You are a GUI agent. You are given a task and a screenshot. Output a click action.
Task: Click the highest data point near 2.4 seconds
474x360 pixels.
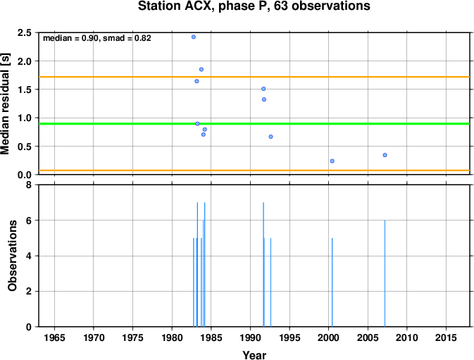tap(194, 37)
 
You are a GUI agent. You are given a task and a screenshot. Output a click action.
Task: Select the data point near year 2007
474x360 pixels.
tap(385, 155)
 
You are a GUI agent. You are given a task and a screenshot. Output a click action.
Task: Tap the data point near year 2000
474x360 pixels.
tap(332, 161)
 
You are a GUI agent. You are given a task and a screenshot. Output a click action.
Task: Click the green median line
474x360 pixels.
tap(254, 123)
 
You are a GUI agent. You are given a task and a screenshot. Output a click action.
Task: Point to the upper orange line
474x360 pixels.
tap(254, 77)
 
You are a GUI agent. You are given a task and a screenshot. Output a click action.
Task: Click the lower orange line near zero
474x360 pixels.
tap(254, 170)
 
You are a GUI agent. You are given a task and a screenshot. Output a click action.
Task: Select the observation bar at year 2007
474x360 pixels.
tap(385, 273)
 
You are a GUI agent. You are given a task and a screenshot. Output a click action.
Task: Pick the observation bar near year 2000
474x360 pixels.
tap(332, 283)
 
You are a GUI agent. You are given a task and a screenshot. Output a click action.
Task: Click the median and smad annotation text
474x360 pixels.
tap(97, 38)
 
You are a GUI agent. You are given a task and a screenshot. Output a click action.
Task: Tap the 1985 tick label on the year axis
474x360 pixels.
tap(211, 337)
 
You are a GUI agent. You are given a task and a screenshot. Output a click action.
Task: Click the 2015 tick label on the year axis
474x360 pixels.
tap(446, 337)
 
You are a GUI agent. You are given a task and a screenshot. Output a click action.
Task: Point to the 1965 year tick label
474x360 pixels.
tap(54, 337)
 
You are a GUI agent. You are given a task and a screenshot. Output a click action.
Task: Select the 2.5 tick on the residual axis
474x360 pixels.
tap(25, 32)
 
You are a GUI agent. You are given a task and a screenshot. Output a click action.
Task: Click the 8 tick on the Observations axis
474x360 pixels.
tap(29, 185)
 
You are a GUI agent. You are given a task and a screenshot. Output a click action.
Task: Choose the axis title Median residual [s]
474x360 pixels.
tap(5, 104)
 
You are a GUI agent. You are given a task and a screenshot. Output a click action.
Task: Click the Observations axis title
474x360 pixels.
tap(12, 256)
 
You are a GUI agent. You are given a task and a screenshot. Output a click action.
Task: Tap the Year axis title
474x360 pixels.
tap(254, 355)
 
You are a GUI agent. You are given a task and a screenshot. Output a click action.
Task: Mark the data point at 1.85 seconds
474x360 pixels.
tap(201, 70)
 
